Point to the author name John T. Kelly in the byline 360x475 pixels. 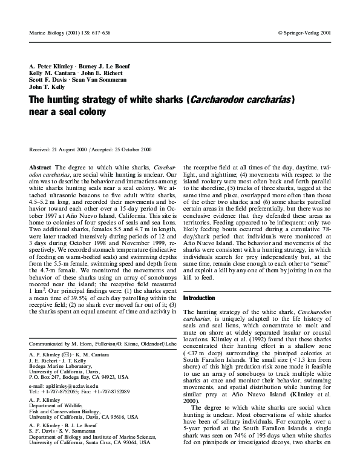46,86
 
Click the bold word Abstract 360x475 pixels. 40,166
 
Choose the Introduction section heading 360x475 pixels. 198,298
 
